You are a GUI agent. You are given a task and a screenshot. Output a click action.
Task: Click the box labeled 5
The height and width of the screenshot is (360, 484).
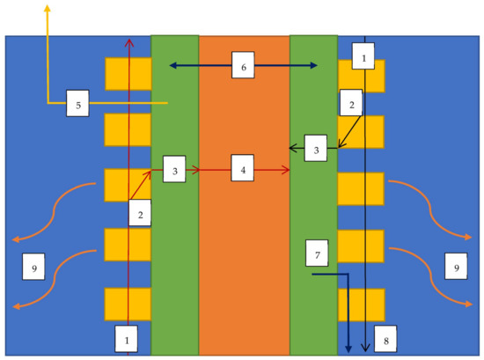[x=78, y=106]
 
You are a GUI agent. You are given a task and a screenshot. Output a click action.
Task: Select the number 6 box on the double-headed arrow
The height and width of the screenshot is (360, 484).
[x=245, y=65]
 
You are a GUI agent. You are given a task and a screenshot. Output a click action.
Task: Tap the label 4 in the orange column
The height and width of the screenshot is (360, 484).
[x=245, y=168]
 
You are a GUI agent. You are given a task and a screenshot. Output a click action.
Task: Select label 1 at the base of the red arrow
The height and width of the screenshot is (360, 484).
[x=128, y=337]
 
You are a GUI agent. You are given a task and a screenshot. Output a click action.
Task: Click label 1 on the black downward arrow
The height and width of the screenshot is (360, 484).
[x=362, y=57]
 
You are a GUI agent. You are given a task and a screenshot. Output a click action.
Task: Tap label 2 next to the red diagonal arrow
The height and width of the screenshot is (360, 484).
[x=142, y=211]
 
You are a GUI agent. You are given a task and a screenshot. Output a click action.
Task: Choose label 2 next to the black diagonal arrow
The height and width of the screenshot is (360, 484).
[x=352, y=104]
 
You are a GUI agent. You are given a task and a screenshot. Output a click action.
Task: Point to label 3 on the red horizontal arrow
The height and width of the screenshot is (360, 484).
[x=175, y=170]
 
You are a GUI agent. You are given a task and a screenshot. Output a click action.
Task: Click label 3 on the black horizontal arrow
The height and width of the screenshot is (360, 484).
[x=317, y=149]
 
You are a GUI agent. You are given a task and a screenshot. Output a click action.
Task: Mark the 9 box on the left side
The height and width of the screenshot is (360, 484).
[x=33, y=267]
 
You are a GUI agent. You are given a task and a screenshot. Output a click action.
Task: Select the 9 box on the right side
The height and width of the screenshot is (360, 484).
[x=456, y=267]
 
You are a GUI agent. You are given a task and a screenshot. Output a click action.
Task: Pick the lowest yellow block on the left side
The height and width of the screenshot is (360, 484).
[x=128, y=304]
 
